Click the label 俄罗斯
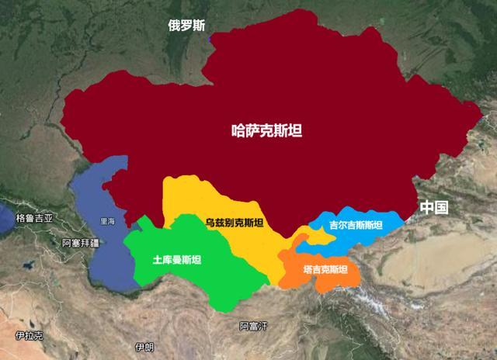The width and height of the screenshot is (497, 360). coord(187,25)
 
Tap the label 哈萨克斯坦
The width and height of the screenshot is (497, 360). coord(267,131)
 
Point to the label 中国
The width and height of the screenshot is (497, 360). coord(434,207)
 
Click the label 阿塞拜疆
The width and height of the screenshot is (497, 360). coord(81,243)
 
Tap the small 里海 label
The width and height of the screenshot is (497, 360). coord(107,221)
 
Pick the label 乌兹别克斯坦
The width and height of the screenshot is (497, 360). coord(234,223)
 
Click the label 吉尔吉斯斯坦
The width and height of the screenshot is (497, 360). coord(356,226)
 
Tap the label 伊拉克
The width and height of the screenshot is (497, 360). coord(29,335)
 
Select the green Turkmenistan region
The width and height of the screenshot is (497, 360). coord(194,279)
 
